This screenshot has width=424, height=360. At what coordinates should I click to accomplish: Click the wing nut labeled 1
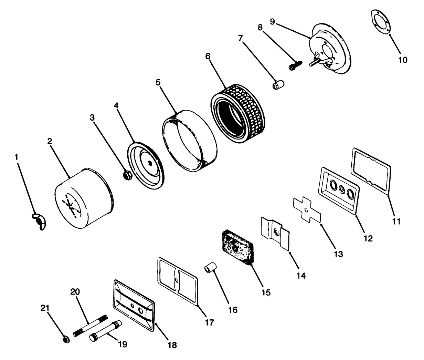click(x=39, y=221)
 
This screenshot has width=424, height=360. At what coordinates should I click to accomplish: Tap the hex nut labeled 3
click(x=127, y=175)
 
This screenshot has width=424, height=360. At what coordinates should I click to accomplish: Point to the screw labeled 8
click(x=296, y=65)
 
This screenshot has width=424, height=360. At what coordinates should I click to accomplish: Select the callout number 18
click(x=172, y=345)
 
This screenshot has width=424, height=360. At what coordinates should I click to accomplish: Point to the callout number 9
click(x=272, y=22)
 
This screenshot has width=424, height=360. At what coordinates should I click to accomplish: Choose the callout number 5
click(x=158, y=83)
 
